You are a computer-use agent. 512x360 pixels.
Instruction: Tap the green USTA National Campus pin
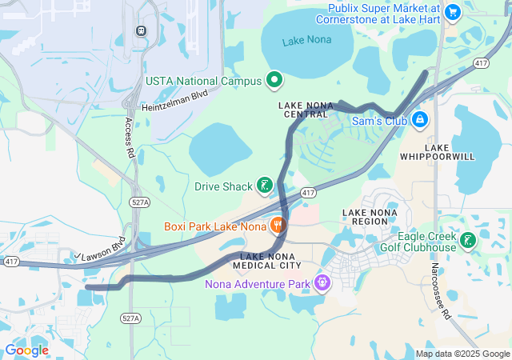click(274, 80)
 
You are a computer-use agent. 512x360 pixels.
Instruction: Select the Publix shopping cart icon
click(452, 11)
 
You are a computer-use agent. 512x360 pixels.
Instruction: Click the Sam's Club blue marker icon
click(419, 121)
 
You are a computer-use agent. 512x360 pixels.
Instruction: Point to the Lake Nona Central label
click(305, 110)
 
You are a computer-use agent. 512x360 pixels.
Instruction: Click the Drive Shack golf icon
click(264, 187)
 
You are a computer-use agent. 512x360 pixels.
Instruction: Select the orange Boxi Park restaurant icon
click(278, 226)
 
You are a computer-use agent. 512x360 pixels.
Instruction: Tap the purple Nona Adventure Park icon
click(322, 283)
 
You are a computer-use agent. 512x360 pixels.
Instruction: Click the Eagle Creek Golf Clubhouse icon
click(468, 239)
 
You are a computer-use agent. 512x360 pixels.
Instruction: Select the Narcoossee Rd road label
click(442, 293)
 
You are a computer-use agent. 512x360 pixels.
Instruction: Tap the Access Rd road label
click(129, 137)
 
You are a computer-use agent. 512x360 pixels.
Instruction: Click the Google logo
click(26, 350)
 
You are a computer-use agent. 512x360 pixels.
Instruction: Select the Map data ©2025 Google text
click(462, 354)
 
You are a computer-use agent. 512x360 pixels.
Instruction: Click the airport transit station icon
click(142, 30)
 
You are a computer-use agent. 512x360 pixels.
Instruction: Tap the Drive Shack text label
click(223, 187)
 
